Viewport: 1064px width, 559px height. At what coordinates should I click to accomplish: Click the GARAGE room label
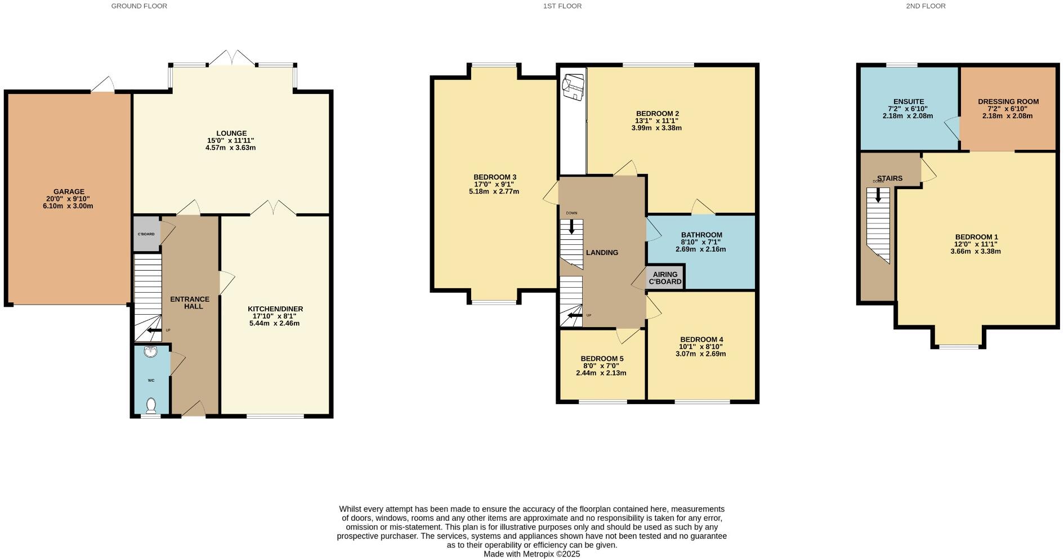click(x=69, y=191)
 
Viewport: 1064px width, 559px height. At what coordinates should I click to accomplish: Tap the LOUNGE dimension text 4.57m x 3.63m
click(x=231, y=147)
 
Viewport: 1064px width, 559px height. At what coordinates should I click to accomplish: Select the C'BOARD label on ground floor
click(x=146, y=234)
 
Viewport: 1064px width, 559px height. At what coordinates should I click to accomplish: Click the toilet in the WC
click(x=151, y=405)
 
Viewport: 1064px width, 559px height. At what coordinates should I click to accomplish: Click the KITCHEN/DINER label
click(x=275, y=309)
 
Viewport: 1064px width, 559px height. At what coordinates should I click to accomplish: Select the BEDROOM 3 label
click(x=494, y=177)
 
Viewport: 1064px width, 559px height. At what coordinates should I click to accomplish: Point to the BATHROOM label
click(x=701, y=235)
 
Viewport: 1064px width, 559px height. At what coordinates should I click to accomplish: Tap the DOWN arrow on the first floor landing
click(x=572, y=226)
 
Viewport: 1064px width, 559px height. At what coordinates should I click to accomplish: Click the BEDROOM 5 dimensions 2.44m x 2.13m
click(x=601, y=373)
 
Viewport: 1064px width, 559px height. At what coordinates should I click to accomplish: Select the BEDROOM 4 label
click(x=701, y=339)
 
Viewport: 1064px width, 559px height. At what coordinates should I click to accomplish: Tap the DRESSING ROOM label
click(x=1008, y=102)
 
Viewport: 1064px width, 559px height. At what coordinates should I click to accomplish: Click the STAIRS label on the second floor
click(x=889, y=178)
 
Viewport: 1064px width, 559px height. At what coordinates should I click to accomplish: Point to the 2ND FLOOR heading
click(x=933, y=6)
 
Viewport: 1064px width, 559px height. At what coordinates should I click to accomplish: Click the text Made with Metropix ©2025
click(x=531, y=554)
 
